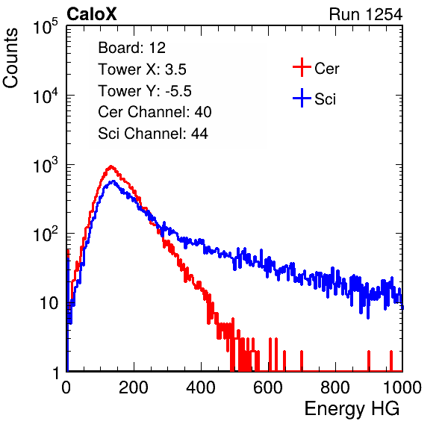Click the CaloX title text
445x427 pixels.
point(92,14)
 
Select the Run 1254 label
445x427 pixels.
point(366,14)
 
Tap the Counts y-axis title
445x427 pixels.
point(10,58)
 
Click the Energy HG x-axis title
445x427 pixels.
point(352,408)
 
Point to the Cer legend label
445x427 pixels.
point(326,69)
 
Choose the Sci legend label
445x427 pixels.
point(325,99)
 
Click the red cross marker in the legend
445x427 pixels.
point(302,67)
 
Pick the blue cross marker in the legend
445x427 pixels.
point(302,98)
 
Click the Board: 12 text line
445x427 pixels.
point(131,48)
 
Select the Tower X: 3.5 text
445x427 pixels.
point(142,69)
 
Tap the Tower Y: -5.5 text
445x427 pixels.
point(145,91)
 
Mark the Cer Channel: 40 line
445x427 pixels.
point(155,112)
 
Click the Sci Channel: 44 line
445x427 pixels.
point(153,134)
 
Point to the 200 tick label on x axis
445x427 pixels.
point(134,387)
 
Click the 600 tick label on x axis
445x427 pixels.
point(268,387)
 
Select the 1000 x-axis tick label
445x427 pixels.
point(402,387)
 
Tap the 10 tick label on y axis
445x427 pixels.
point(49,303)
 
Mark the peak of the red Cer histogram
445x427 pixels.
point(111,166)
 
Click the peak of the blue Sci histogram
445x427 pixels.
point(113,181)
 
